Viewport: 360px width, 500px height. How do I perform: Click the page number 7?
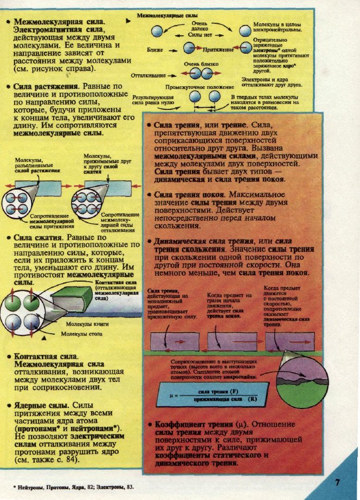pyautogui.click(x=337, y=482)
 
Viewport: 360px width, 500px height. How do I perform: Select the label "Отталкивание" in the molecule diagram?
pyautogui.click(x=149, y=75)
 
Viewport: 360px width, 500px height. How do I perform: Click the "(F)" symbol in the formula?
pyautogui.click(x=234, y=391)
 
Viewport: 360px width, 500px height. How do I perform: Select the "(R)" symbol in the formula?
pyautogui.click(x=252, y=399)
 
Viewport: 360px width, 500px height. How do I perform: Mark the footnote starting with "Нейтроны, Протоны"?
pyautogui.click(x=73, y=488)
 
